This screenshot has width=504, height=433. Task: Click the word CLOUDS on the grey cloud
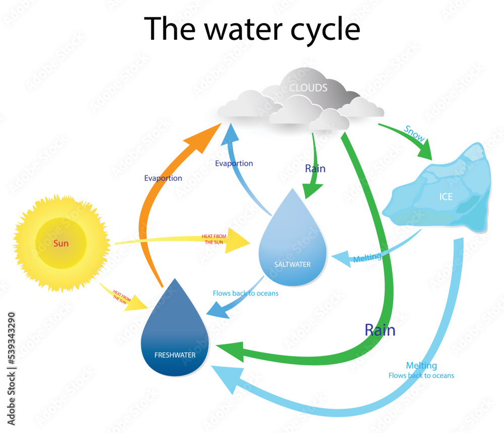(308, 88)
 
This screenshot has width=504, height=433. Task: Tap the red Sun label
(60, 244)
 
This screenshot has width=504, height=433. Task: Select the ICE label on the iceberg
(446, 197)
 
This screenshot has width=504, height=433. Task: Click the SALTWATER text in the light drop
(292, 264)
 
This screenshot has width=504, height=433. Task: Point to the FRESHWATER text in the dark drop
(174, 355)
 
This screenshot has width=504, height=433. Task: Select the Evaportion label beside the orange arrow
(163, 178)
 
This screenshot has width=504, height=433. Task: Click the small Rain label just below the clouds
(315, 168)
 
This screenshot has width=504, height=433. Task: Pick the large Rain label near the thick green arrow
(380, 330)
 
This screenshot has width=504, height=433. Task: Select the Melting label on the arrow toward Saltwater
(367, 258)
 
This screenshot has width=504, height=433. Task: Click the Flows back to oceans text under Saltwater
(245, 293)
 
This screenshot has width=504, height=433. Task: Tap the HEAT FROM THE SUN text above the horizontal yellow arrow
(214, 238)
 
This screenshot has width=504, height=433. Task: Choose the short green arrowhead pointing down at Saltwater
(312, 191)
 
